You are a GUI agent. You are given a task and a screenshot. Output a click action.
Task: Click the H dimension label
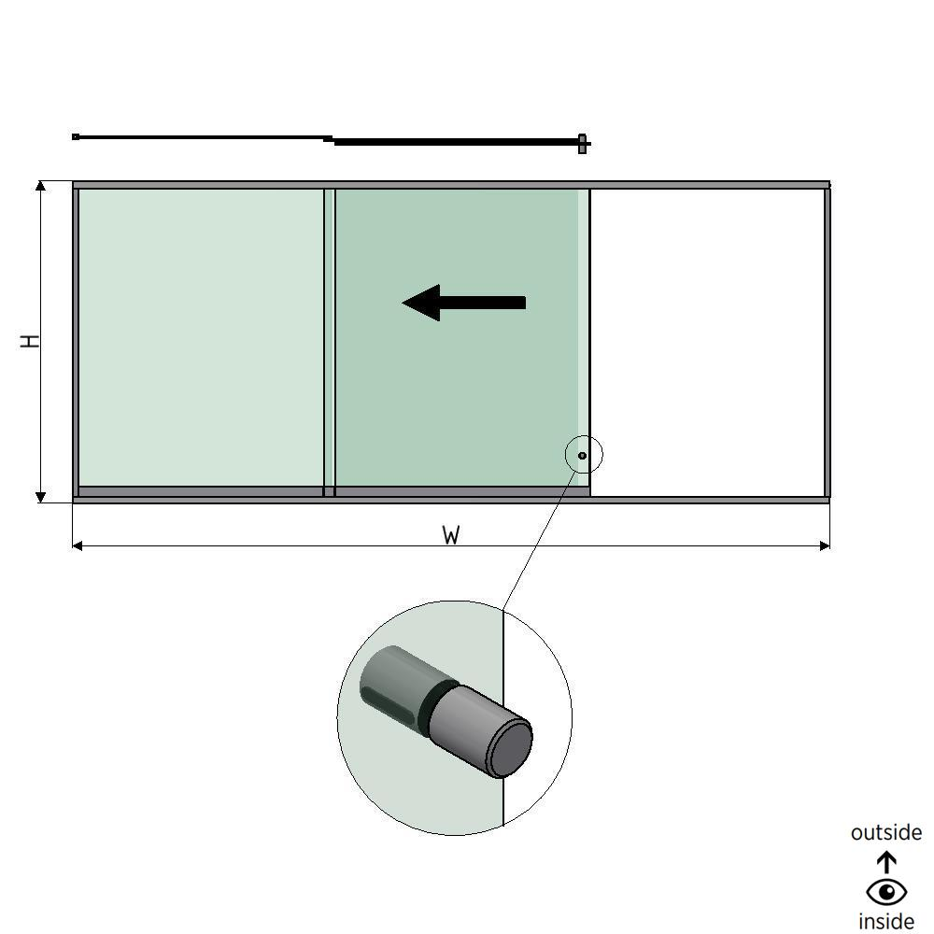coord(32,341)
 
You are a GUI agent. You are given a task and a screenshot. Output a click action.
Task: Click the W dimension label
coord(451,535)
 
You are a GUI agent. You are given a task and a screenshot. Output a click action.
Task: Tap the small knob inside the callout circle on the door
coord(582,455)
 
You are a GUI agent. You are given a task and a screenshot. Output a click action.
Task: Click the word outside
coord(885,832)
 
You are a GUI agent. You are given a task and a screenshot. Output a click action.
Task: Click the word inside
coord(885,921)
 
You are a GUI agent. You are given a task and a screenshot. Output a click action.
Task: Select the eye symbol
coord(886,892)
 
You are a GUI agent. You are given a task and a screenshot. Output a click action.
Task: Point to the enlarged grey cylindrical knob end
coord(509,747)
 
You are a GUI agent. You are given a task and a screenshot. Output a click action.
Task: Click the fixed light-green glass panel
coord(200,336)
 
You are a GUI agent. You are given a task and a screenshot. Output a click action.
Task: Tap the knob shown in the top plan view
coord(582,143)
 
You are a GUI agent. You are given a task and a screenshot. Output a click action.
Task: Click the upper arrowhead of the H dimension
coord(40,187)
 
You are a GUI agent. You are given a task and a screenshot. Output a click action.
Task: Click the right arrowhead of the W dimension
coord(824,545)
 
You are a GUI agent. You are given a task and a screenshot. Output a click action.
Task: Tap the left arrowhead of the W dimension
coord(78,545)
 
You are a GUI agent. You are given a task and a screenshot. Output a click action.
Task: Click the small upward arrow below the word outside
coord(886,861)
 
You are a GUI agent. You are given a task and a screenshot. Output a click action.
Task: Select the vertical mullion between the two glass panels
coord(329,341)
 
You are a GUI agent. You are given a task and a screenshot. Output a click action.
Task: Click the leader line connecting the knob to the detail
coord(537,537)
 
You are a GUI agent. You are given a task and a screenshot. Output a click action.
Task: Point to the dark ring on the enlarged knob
coord(434,702)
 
